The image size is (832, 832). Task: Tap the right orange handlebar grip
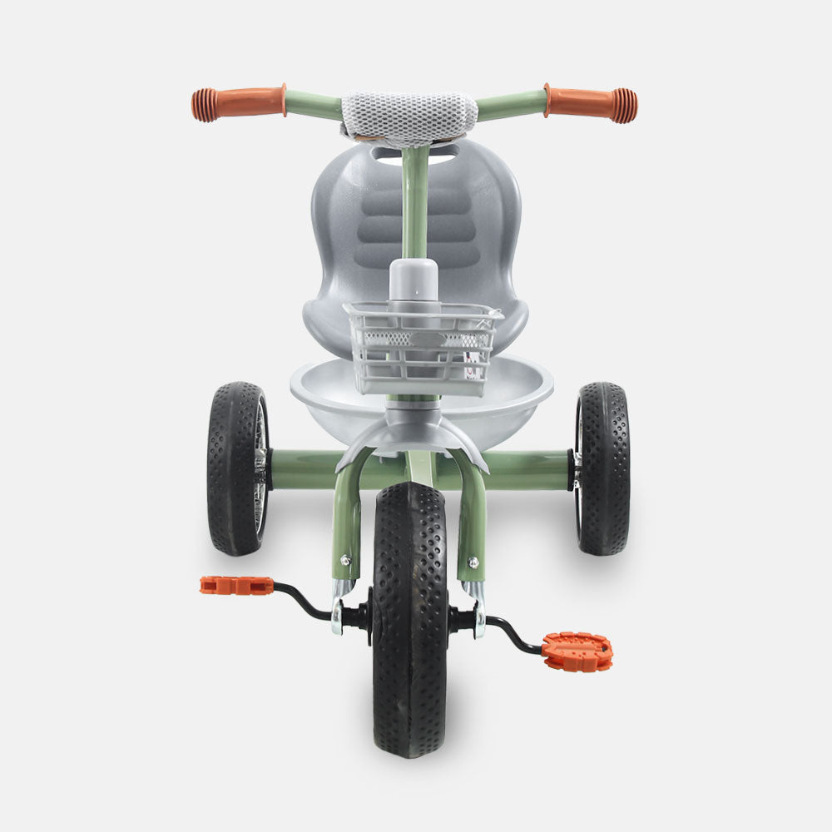[591, 103]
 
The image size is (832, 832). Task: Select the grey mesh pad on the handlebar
[409, 117]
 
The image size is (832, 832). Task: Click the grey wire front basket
[423, 348]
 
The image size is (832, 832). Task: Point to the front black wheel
[409, 632]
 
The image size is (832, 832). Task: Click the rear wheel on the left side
[238, 468]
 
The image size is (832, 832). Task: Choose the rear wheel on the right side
[602, 468]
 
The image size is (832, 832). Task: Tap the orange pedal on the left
[236, 586]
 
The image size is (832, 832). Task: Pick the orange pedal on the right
[577, 651]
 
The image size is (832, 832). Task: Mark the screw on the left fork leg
[345, 560]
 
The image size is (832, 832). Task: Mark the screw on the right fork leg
[473, 561]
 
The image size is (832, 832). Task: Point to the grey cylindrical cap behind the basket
[414, 280]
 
